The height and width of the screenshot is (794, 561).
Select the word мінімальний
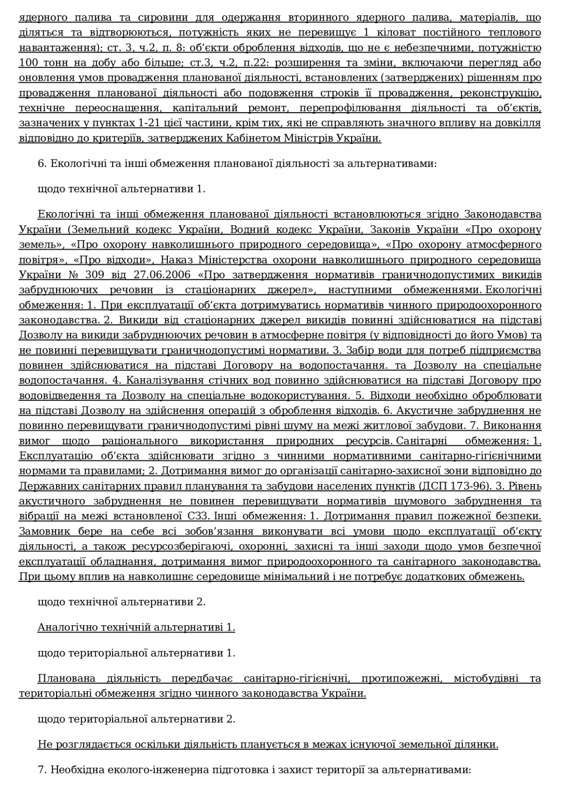(x=312, y=577)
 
